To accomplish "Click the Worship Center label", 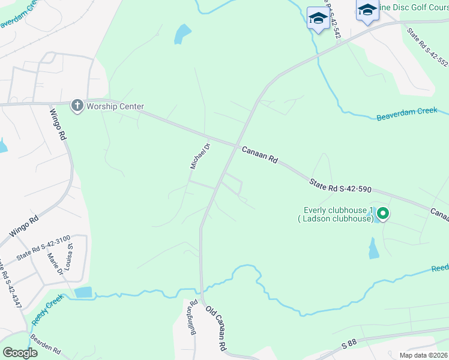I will click(x=115, y=107).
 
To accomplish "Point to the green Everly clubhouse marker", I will click(x=382, y=213).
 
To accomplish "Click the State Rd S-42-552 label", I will click(x=427, y=46).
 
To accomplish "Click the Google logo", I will click(x=20, y=353).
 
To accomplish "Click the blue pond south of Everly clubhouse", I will click(x=373, y=248).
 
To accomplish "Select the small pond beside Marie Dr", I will click(x=83, y=293).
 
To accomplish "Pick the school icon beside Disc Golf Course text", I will click(x=367, y=10).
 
